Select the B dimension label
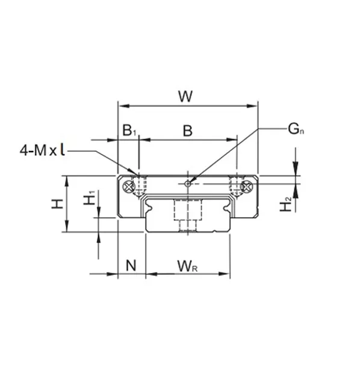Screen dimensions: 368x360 (x=187, y=130)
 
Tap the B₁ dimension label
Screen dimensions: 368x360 (x=129, y=130)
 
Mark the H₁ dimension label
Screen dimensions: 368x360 (x=89, y=198)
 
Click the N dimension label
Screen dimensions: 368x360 (x=131, y=265)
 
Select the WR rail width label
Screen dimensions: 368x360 (x=187, y=265)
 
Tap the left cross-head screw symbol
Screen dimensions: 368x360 (x=128, y=187)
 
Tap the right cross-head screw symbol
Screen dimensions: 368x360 (x=246, y=187)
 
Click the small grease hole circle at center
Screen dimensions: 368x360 (x=188, y=183)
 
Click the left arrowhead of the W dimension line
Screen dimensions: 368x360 (x=121, y=106)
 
